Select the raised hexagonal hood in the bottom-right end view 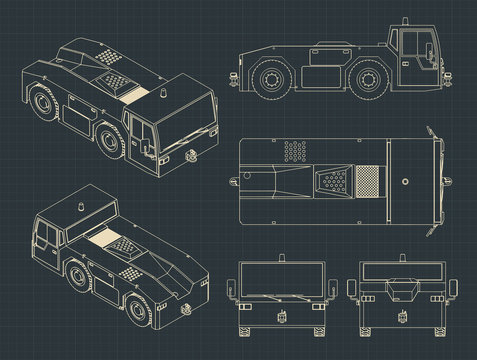point(395,291)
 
